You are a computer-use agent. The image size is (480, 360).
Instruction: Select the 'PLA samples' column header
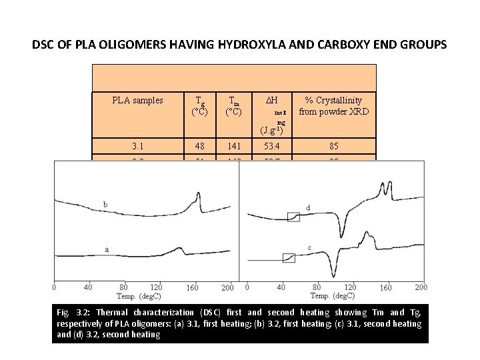(x=137, y=101)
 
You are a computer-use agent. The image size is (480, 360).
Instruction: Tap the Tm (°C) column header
(x=233, y=106)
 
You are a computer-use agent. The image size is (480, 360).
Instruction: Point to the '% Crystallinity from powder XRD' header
(x=333, y=106)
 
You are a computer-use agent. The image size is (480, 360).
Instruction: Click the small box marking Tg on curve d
(x=294, y=216)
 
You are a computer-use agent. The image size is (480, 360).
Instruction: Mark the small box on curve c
(x=289, y=257)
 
